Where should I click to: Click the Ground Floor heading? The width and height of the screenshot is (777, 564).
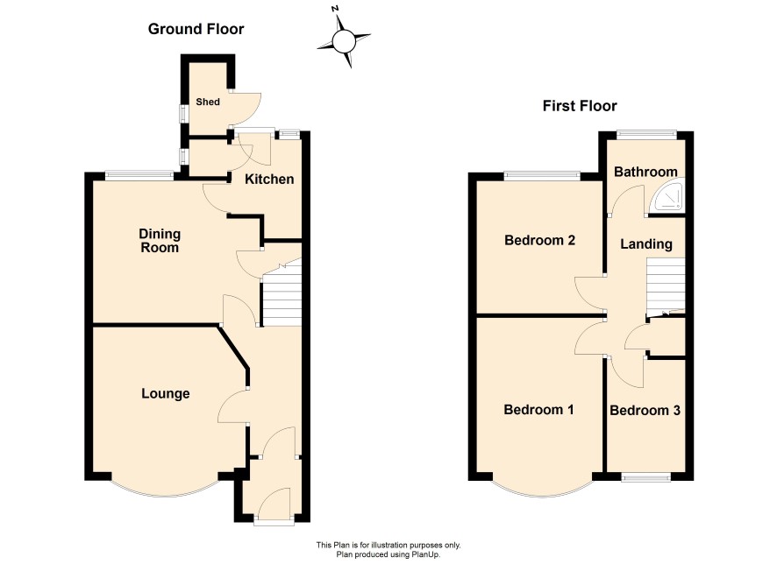[196, 29]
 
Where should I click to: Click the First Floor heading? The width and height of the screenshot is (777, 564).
[580, 106]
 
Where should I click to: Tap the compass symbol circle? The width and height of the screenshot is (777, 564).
[343, 41]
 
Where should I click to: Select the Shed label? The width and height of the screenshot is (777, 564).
[208, 102]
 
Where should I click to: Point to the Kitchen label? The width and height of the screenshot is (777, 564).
[269, 179]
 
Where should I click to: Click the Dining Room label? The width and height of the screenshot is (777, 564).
[160, 241]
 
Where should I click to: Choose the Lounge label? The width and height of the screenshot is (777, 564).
[166, 394]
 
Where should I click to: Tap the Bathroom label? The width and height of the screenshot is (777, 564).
[645, 172]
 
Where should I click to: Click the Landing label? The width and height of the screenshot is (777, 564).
[646, 244]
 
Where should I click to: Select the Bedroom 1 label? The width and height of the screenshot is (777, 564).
[538, 410]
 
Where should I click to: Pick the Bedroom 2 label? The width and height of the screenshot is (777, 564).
[539, 241]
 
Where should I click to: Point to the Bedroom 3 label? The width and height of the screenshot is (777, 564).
[645, 411]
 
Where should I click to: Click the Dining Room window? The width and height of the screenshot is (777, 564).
[139, 174]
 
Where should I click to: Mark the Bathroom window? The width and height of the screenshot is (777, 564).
[646, 133]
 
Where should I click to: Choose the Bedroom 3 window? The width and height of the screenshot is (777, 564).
[646, 477]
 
